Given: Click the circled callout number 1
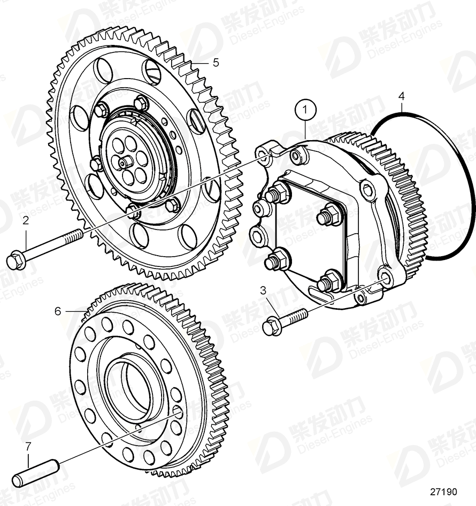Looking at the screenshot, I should pos(306,111).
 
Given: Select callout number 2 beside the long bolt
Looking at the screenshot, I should pos(25,220).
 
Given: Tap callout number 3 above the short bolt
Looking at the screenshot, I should pos(263,290).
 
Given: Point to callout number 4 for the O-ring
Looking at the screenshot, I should pos(402,96).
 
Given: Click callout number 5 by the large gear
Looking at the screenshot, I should pos(216,63).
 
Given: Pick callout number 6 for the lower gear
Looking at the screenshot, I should pos(58,310).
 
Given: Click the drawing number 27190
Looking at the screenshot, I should pos(443,492).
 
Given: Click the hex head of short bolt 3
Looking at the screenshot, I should pos(272,326).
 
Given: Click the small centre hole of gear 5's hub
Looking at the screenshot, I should pos(124,162).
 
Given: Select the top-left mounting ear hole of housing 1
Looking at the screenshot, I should pos(262,156).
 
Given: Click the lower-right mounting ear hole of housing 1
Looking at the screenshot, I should pos(385,279).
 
